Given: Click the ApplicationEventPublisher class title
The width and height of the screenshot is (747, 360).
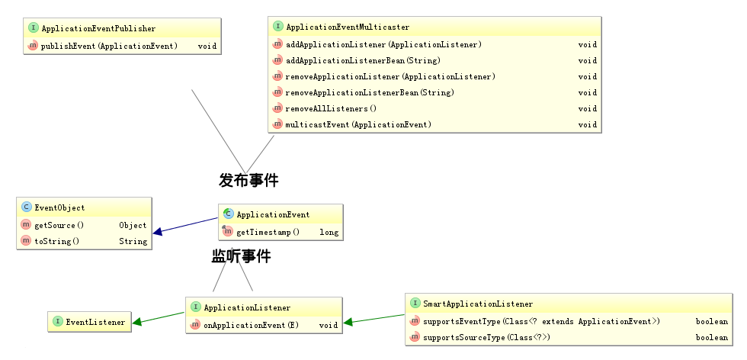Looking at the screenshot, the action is (98, 29).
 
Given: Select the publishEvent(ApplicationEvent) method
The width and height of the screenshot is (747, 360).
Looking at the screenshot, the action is (109, 47).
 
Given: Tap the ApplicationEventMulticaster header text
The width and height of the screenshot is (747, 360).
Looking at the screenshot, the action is (348, 27).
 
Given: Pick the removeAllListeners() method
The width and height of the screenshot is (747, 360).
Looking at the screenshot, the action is (331, 109).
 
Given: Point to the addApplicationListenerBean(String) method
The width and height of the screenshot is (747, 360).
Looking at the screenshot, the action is (363, 60).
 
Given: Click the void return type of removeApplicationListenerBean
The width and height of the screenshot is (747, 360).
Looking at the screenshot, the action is (588, 92).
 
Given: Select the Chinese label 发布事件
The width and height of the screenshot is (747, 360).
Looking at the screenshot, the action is (248, 180).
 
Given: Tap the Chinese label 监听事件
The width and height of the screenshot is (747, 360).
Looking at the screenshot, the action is (241, 256).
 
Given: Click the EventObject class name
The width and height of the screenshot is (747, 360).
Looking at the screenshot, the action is (59, 208).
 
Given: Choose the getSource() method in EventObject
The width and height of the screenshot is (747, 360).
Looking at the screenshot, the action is (59, 226).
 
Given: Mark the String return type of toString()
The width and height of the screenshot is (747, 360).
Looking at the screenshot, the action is (133, 241).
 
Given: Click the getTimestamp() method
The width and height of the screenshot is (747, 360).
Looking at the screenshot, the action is (268, 233).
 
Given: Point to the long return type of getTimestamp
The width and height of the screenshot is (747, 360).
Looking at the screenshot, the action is (329, 233).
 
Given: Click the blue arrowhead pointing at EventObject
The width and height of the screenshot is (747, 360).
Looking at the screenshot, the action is (158, 232).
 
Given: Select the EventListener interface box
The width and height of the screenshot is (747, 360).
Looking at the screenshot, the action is (90, 322).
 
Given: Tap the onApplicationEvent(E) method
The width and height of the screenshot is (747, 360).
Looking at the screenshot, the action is (251, 326).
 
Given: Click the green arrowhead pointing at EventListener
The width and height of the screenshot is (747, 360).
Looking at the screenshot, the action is (137, 322).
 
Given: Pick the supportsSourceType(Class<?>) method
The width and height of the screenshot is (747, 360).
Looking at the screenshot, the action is (486, 338).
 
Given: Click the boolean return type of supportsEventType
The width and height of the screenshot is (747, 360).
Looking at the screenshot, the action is (712, 321).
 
